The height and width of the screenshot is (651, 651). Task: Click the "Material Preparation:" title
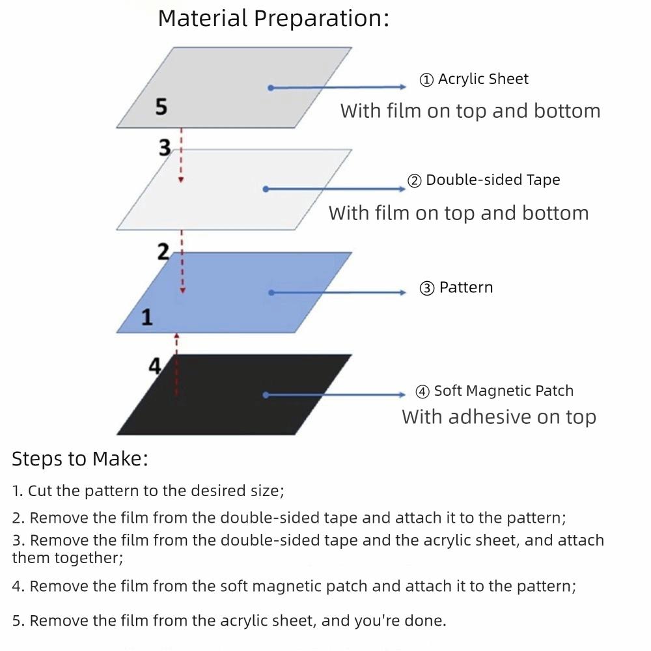pyautogui.click(x=273, y=18)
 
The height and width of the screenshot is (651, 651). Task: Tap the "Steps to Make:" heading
pyautogui.click(x=80, y=459)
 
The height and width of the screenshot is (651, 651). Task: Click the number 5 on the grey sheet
pyautogui.click(x=161, y=106)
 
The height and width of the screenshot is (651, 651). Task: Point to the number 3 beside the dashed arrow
pyautogui.click(x=165, y=148)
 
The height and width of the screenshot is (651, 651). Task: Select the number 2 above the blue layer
pyautogui.click(x=163, y=251)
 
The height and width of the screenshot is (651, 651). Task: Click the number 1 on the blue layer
pyautogui.click(x=147, y=318)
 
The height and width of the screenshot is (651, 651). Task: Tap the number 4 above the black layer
pyautogui.click(x=155, y=366)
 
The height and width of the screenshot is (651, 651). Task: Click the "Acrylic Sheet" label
pyautogui.click(x=483, y=79)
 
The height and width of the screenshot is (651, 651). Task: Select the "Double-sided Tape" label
pyautogui.click(x=493, y=180)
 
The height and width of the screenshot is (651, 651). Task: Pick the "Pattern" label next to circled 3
pyautogui.click(x=466, y=288)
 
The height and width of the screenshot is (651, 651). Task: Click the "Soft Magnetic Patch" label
pyautogui.click(x=504, y=391)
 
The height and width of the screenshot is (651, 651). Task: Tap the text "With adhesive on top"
pyautogui.click(x=499, y=417)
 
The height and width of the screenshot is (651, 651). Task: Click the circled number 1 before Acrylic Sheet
pyautogui.click(x=426, y=80)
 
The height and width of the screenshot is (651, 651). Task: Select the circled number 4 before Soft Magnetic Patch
pyautogui.click(x=422, y=392)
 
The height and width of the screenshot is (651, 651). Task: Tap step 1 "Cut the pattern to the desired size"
pyautogui.click(x=148, y=491)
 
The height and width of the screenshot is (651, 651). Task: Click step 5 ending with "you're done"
pyautogui.click(x=229, y=621)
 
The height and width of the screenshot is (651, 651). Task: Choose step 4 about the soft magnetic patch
pyautogui.click(x=294, y=587)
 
